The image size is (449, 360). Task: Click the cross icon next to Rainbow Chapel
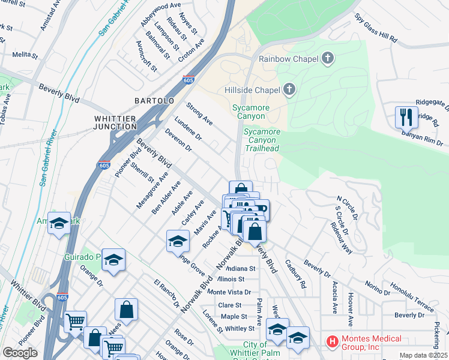[327, 58]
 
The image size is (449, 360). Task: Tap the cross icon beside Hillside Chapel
[289, 90]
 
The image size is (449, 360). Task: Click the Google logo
[20, 352]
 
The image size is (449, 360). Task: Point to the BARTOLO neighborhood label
[154, 100]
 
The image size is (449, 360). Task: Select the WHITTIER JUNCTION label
[115, 122]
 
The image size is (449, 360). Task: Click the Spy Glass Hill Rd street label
[376, 28]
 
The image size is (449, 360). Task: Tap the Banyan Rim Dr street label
[421, 137]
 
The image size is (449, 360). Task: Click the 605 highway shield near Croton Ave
[188, 79]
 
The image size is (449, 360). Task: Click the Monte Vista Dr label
[229, 292]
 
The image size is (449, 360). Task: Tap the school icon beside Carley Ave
[177, 241]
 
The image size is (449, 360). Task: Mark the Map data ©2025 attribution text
[423, 355]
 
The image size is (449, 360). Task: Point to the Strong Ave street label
[199, 114]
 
